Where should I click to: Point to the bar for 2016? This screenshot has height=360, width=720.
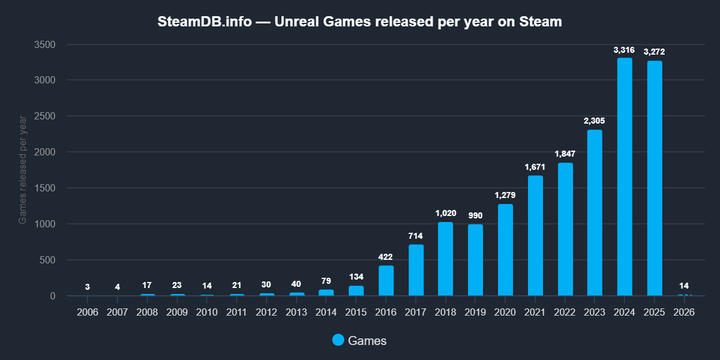[386, 281]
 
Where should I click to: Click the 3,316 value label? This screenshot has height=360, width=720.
[625, 50]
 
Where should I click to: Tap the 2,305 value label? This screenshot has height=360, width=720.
[595, 121]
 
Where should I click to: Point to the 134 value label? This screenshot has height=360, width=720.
[356, 277]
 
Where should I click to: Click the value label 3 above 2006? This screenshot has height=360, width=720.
[88, 287]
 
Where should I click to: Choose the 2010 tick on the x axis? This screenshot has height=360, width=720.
[207, 313]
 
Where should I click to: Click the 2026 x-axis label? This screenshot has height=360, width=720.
[685, 313]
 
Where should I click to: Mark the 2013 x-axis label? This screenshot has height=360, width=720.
[296, 313]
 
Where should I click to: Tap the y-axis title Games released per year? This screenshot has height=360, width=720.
[23, 170]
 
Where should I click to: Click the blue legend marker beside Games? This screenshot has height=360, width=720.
[338, 340]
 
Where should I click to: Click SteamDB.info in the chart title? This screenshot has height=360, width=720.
[204, 22]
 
